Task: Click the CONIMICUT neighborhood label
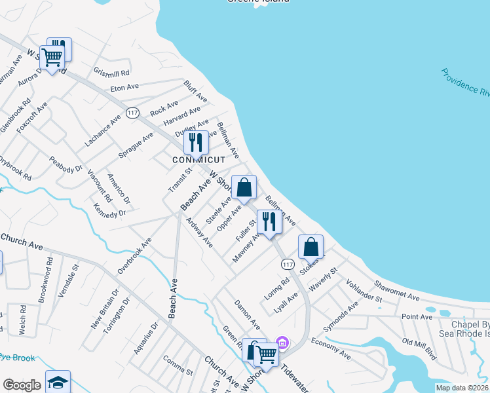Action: click(x=198, y=160)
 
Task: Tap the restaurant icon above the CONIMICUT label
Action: click(x=195, y=142)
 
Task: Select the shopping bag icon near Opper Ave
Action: click(x=244, y=188)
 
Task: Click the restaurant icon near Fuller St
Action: click(x=269, y=221)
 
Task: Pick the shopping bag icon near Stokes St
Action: click(x=311, y=247)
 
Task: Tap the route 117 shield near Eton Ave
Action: click(x=133, y=113)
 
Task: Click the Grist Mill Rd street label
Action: click(x=112, y=72)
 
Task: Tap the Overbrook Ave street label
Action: click(x=134, y=255)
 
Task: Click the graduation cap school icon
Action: click(x=58, y=382)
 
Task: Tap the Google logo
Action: click(x=22, y=385)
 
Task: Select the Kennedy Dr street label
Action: click(x=109, y=210)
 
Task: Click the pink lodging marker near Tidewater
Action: click(x=283, y=342)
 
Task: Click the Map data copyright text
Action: click(x=462, y=388)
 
